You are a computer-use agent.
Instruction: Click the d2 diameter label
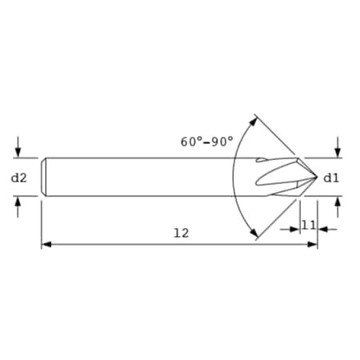pos(19,178)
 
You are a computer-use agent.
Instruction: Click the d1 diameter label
pos(331,178)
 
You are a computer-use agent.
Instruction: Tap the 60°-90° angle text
pos(207,142)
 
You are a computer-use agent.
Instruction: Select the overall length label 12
pos(181,233)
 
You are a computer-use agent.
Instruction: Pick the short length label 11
pos(308,226)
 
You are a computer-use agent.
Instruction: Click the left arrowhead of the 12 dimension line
pos(46,244)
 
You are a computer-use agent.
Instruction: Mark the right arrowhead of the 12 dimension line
pos(313,244)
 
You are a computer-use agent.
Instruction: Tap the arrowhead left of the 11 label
pos(294,229)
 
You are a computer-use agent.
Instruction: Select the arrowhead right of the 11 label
pos(322,229)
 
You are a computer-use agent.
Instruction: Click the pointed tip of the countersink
pos(317,177)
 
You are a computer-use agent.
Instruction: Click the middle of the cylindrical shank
pos(152,177)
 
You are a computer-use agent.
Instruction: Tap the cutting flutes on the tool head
pos(280,177)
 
